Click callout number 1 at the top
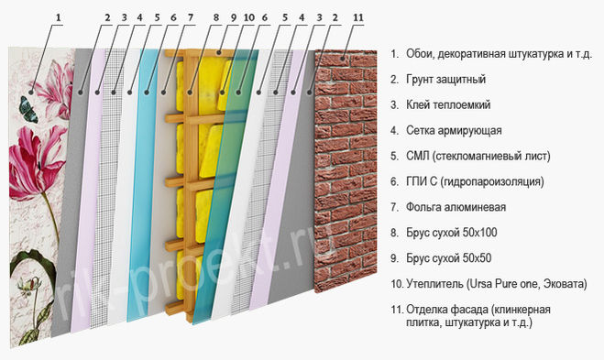61,17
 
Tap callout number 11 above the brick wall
358,17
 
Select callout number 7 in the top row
190,17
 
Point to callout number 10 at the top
248,17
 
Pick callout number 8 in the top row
215,17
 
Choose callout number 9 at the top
233,17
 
